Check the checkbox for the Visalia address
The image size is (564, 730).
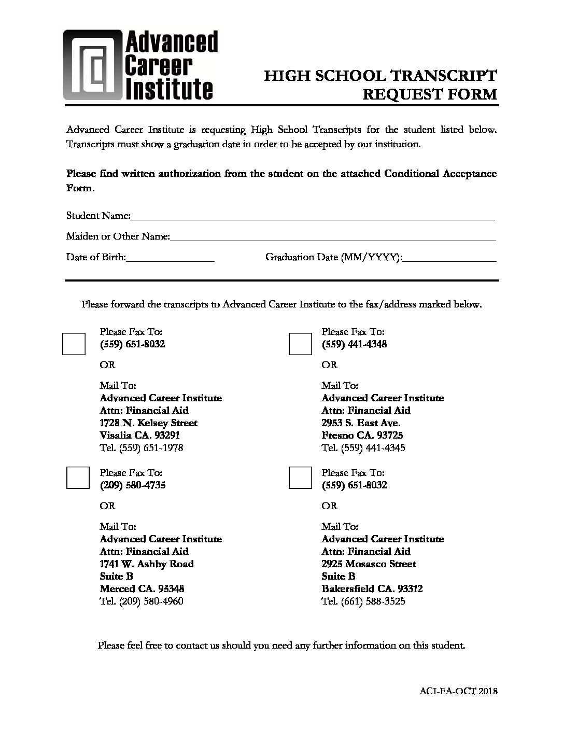[x=74, y=344]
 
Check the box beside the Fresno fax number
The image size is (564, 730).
[x=300, y=344]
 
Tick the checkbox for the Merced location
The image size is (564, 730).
[x=78, y=478]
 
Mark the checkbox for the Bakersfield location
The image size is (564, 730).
[x=300, y=478]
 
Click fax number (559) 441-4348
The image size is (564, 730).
[x=354, y=344]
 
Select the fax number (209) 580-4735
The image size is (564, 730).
[x=133, y=485]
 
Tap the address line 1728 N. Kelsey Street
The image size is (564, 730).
[x=148, y=423]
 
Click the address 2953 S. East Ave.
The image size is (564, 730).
[x=361, y=423]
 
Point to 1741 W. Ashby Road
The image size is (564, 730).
[x=147, y=564]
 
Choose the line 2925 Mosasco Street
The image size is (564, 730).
[x=369, y=564]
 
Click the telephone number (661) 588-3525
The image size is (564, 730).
[x=373, y=601]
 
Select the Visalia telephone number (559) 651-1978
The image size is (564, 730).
[x=151, y=448]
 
